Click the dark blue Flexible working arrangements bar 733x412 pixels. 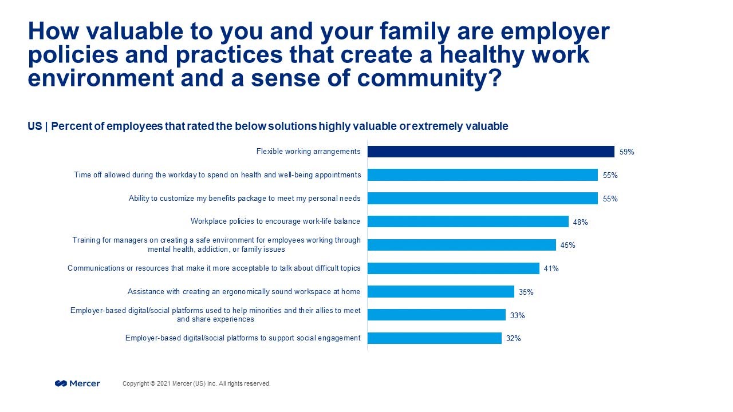[x=490, y=152]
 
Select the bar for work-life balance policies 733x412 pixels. [x=467, y=221]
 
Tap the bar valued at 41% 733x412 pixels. [x=453, y=268]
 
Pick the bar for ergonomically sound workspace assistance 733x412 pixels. [x=440, y=292]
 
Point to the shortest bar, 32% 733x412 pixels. [x=434, y=338]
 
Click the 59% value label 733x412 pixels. [x=626, y=152]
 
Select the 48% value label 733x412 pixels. [x=580, y=222]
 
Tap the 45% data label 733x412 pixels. [x=568, y=245]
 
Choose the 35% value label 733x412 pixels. [x=526, y=292]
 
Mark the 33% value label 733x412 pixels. [x=517, y=315]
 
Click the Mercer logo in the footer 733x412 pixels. [x=77, y=383]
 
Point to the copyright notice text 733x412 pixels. [x=196, y=383]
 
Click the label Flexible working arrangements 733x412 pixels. [x=308, y=152]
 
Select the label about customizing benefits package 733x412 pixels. [x=245, y=199]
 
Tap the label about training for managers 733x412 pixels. [x=216, y=245]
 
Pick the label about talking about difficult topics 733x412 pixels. [x=214, y=268]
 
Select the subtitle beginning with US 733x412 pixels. [x=267, y=126]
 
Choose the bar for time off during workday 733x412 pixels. [x=482, y=175]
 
